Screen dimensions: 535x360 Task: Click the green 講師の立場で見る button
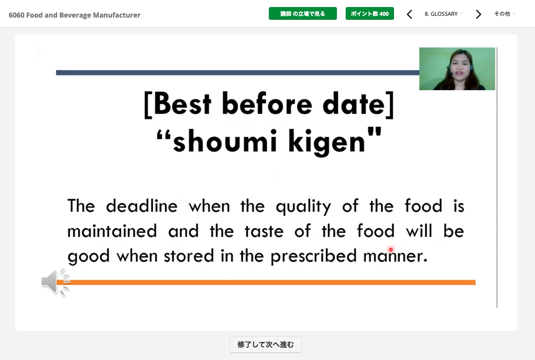303,14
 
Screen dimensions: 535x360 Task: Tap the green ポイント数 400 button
369,14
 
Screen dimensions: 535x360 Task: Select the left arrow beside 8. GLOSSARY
409,14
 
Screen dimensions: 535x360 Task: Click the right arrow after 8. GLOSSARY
478,14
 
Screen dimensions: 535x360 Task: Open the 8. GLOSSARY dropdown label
441,14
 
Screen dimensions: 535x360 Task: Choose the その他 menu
502,14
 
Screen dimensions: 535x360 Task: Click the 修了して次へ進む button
266,345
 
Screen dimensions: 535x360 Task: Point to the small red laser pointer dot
391,250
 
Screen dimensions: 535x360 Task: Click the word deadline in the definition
141,206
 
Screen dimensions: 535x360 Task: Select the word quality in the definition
304,207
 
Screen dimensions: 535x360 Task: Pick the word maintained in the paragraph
112,231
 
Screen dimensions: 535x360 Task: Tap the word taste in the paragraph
264,231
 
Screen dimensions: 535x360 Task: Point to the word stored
189,255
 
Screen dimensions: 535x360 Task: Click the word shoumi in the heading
225,141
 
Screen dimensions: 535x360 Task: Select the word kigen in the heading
327,142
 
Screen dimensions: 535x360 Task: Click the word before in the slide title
267,104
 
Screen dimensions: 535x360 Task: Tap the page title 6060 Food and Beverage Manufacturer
75,15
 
